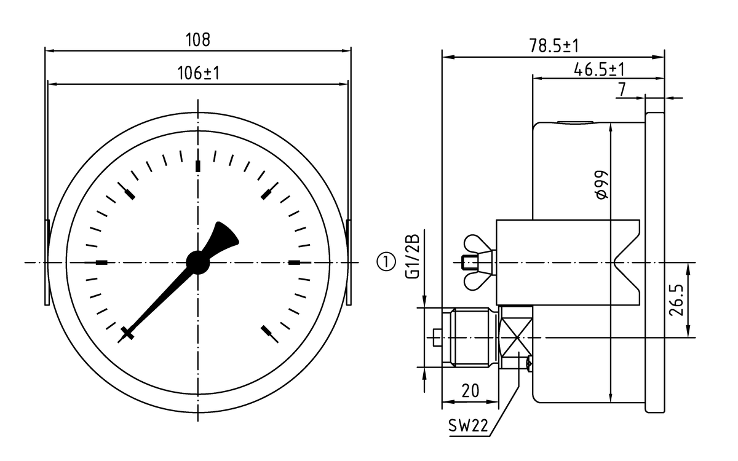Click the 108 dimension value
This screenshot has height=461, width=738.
[x=198, y=41]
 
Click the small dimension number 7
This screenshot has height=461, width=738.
[x=622, y=90]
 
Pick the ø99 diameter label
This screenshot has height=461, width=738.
[x=602, y=184]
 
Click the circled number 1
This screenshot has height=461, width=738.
[x=385, y=262]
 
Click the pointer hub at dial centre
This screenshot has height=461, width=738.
[x=198, y=262]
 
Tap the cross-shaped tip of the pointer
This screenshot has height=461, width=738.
[x=127, y=334]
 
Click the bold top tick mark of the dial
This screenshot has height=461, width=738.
[x=198, y=166]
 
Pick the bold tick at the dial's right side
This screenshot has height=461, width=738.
[x=295, y=262]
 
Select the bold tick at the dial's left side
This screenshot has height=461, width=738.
[x=101, y=262]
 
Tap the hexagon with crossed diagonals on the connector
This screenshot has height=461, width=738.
[x=515, y=337]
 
